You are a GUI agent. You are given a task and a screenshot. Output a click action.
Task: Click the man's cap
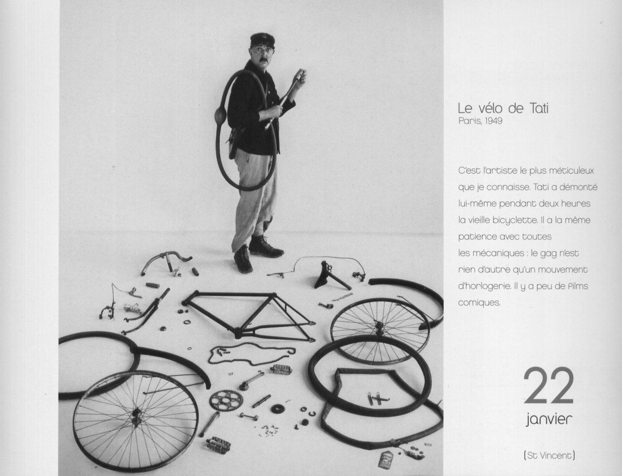[x=262, y=40]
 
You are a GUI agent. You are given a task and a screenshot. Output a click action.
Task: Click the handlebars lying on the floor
[x=166, y=262]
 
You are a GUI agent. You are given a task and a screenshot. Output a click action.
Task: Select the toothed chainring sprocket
[x=226, y=400]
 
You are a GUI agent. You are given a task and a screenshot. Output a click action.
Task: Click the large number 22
[x=548, y=386]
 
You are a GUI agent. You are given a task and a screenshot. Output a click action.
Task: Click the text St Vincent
[x=549, y=456]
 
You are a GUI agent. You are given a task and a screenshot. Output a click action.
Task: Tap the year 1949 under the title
[x=493, y=121]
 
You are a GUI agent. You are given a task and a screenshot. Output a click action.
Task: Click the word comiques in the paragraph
[x=479, y=303]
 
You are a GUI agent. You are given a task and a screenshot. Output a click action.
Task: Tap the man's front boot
[x=243, y=259]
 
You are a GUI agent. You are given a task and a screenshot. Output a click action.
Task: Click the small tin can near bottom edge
[x=386, y=459]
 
